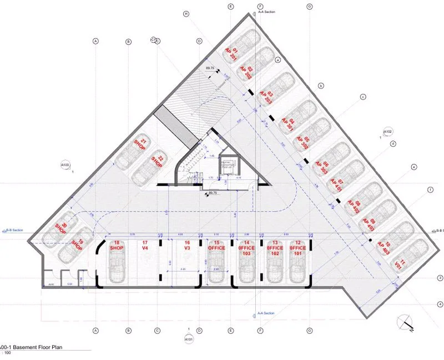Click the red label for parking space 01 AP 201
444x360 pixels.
231,54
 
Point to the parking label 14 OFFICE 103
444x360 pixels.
247,248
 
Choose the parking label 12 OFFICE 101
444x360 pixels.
298,248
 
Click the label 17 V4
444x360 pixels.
145,246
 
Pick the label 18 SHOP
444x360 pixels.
117,246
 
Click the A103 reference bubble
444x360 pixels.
66,165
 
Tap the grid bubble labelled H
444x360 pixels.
186,14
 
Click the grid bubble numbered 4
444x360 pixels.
440,304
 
